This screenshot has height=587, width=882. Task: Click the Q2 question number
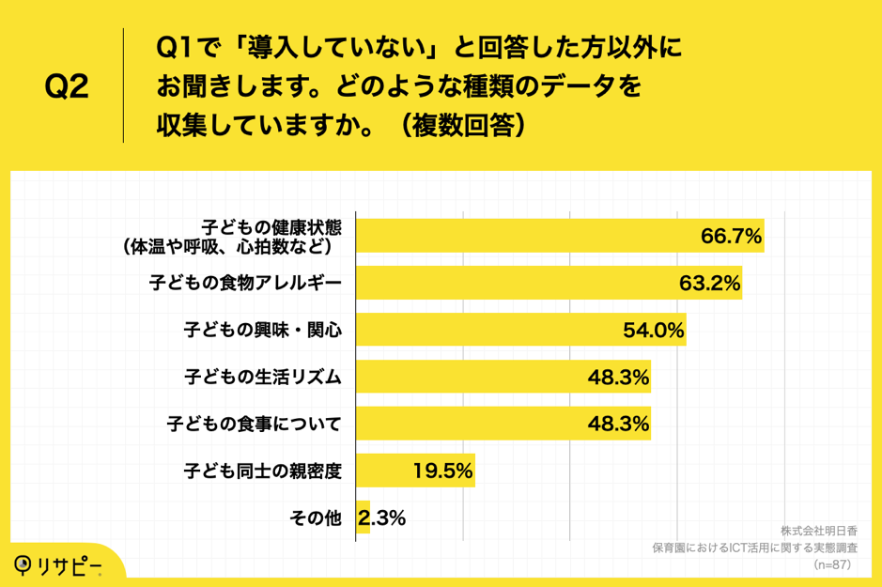coord(67,87)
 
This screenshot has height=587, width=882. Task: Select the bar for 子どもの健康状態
coord(526,236)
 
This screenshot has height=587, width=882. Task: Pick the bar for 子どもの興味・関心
coord(488,330)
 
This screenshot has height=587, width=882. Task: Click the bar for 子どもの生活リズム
coord(470,377)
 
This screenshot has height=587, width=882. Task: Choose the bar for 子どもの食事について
coord(470,424)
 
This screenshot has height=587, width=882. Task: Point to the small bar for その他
coord(363,517)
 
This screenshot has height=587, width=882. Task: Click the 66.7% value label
coord(731,236)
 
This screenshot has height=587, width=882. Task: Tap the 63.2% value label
coord(710,283)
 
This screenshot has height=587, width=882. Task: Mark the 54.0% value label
coord(654,330)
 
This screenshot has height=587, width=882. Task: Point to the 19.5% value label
coord(442,471)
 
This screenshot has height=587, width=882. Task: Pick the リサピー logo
coord(58,565)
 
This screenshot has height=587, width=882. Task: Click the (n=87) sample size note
coord(831,564)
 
